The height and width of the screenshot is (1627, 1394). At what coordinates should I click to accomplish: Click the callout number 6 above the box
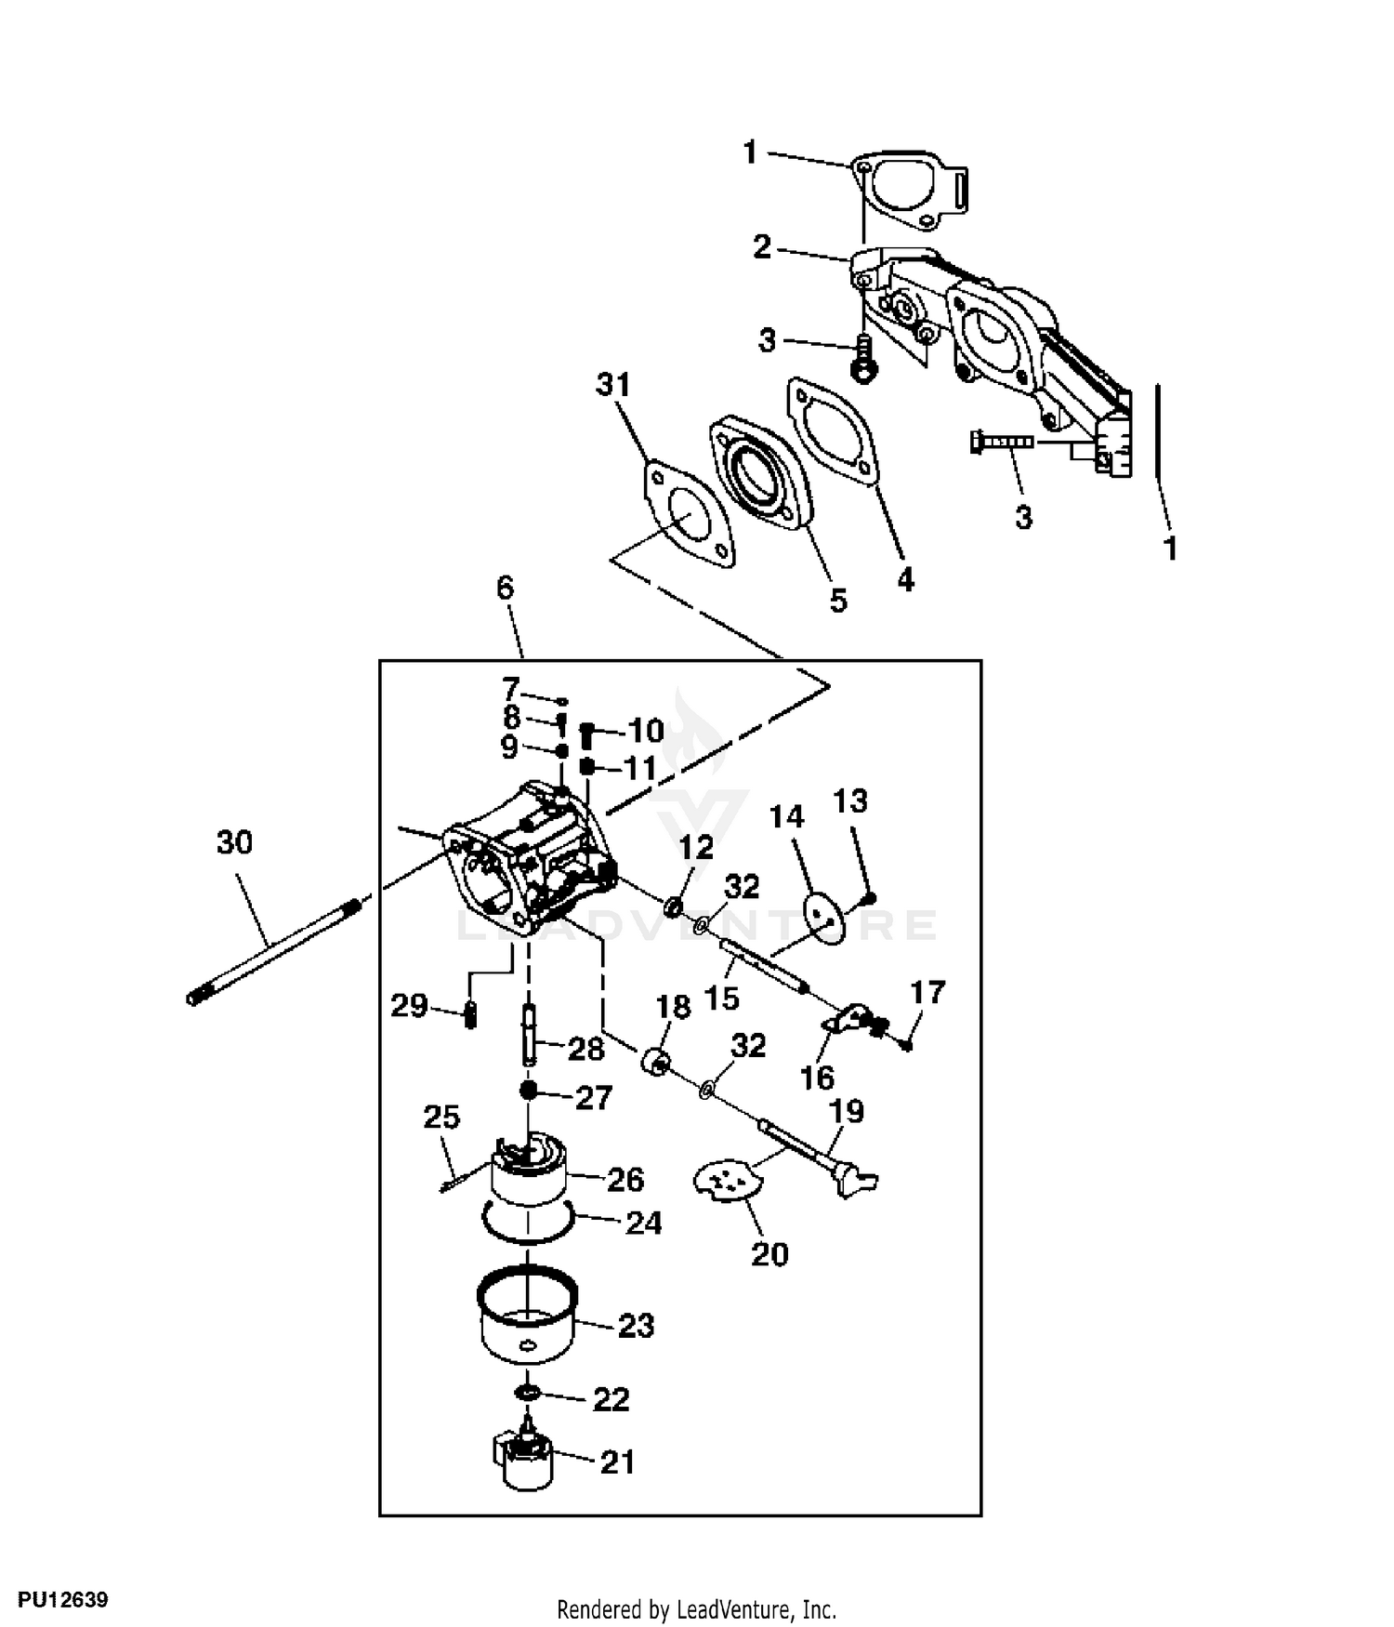(x=505, y=589)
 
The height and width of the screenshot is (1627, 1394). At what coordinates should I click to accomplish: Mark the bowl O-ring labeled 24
(x=527, y=1223)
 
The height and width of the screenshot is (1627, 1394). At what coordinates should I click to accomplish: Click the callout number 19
(x=847, y=1111)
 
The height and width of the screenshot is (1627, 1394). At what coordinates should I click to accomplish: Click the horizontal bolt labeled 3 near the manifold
(x=1001, y=442)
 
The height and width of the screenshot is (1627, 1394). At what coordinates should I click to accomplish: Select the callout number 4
(x=905, y=579)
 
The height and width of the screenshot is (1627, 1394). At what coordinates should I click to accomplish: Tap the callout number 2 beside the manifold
(x=762, y=247)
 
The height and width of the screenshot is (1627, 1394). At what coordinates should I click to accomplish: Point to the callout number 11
(x=639, y=768)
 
